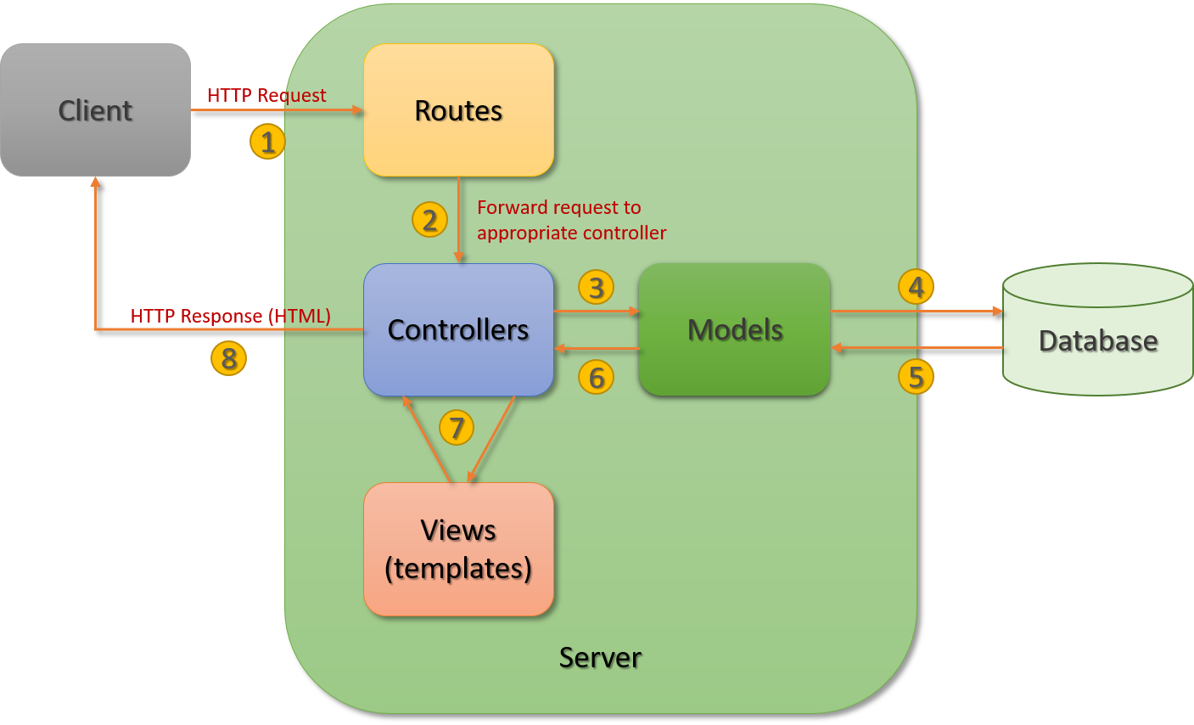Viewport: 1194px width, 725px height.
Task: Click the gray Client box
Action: pos(95,110)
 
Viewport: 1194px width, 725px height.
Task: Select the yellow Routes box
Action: pos(458,110)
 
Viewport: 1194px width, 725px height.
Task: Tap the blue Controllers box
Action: pos(458,329)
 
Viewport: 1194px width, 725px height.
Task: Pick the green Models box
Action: pos(734,329)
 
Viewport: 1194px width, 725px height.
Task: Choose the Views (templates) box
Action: pos(458,549)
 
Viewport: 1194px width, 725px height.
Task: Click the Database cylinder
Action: pos(1097,340)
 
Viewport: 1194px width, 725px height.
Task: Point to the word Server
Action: pos(600,657)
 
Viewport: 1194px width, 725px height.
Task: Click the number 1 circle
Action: pos(267,142)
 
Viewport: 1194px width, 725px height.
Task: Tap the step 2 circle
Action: pos(430,220)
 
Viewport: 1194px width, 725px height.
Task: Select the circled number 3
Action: pos(597,288)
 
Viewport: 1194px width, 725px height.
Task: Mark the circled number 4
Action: pos(917,287)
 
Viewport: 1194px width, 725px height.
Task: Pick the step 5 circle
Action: pos(917,376)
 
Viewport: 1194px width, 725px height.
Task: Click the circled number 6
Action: pos(597,377)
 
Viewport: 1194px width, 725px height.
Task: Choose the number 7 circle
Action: pos(457,427)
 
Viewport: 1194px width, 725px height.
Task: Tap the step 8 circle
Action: pos(228,358)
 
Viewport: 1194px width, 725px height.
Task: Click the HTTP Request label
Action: pos(266,95)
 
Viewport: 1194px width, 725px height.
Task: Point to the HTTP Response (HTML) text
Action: pos(230,316)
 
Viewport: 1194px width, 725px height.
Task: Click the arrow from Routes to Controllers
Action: pos(459,221)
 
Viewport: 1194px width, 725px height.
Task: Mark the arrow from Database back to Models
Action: pos(917,348)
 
